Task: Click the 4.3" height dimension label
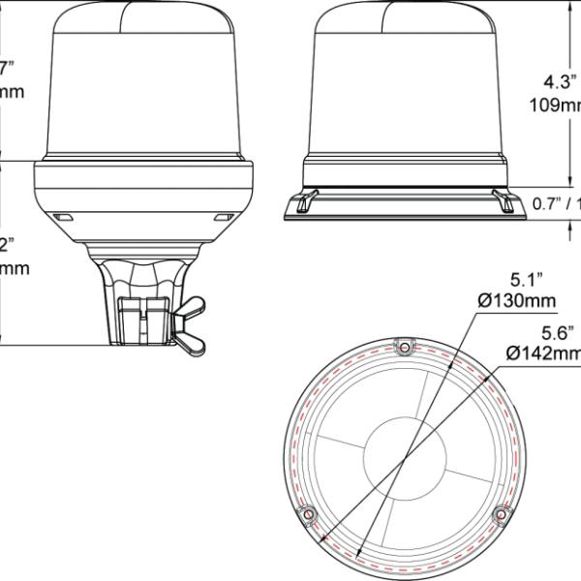[x=560, y=82]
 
